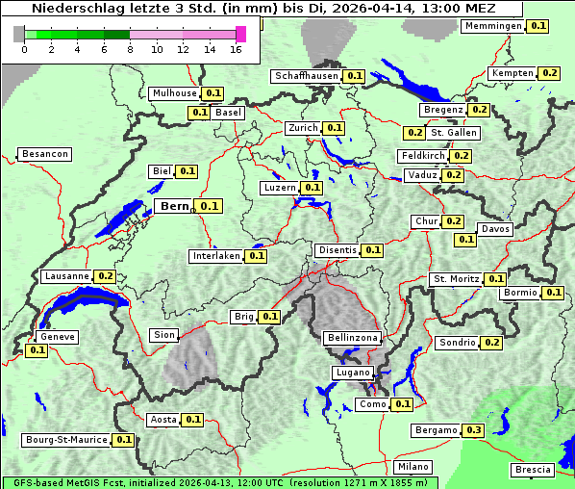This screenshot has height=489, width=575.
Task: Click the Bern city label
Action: click(x=174, y=206)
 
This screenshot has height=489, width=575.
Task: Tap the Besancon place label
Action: click(x=44, y=154)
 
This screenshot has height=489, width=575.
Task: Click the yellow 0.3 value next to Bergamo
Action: click(x=473, y=430)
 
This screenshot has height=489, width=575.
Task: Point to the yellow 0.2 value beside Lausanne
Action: click(x=106, y=276)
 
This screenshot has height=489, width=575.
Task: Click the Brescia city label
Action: click(x=533, y=470)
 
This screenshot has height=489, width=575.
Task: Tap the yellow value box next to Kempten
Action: click(x=549, y=73)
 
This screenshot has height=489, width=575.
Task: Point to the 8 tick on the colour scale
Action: click(x=130, y=48)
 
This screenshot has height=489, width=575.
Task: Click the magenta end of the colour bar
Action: click(x=240, y=34)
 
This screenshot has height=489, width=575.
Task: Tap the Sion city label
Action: click(x=164, y=335)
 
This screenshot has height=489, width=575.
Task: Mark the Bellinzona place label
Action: click(x=353, y=338)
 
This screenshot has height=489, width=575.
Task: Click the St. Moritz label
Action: click(x=456, y=279)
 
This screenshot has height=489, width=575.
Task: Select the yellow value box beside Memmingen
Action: click(x=539, y=26)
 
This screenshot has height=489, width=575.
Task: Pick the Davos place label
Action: click(x=495, y=229)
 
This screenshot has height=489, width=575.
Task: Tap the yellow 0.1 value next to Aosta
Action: click(x=193, y=420)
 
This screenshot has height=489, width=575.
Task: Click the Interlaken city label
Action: click(x=216, y=256)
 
